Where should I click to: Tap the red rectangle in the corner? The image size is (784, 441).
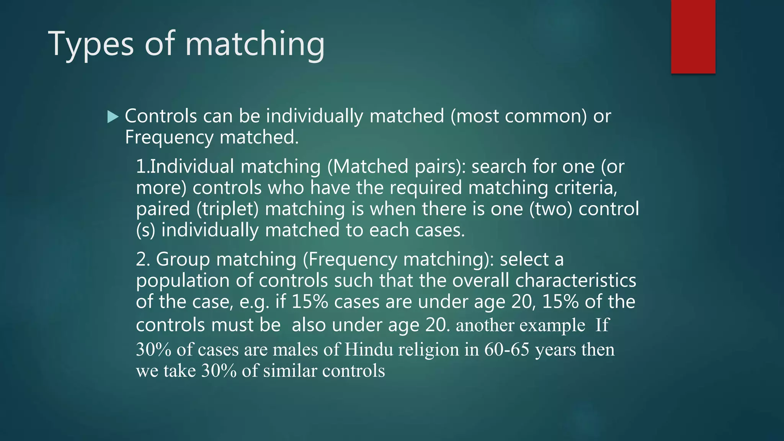[693, 37]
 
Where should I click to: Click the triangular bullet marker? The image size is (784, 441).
[113, 117]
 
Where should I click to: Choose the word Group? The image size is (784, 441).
[183, 259]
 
